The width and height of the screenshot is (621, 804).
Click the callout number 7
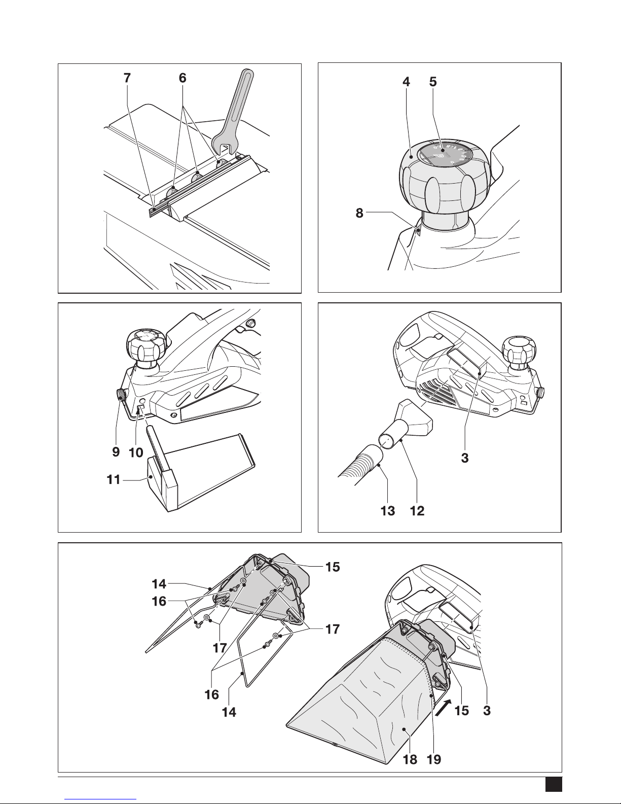tap(127, 78)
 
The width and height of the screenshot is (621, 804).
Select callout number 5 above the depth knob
tap(432, 82)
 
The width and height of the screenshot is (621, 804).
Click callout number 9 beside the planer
tap(116, 452)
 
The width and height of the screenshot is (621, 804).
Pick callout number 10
tap(135, 452)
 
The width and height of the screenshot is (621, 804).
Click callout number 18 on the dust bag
tap(410, 759)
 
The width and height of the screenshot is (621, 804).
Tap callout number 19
tap(434, 759)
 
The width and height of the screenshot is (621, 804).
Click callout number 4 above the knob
tap(406, 82)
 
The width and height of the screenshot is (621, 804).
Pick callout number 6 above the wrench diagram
tap(182, 78)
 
